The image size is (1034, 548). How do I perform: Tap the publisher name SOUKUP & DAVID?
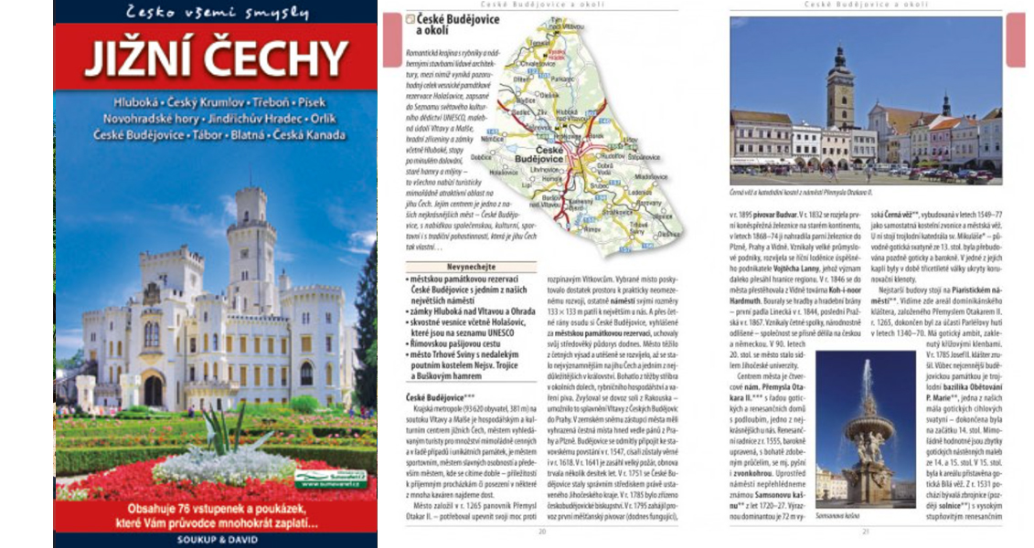pyautogui.click(x=215, y=538)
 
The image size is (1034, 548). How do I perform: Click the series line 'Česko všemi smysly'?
pyautogui.click(x=217, y=13)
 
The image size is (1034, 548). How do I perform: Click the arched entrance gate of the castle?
pyautogui.click(x=154, y=390)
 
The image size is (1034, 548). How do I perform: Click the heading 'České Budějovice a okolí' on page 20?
pyautogui.click(x=447, y=25)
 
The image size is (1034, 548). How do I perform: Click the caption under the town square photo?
pyautogui.click(x=801, y=193)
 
